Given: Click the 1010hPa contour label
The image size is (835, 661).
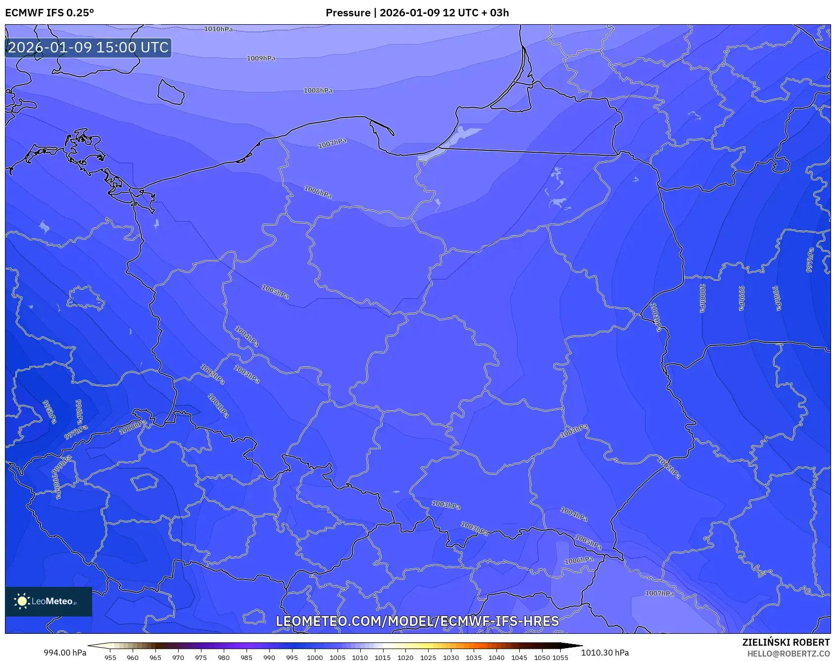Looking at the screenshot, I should pyautogui.click(x=218, y=29).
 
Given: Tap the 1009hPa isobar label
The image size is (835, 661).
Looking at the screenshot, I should pyautogui.click(x=261, y=58).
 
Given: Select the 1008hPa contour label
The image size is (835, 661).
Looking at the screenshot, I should pyautogui.click(x=318, y=90).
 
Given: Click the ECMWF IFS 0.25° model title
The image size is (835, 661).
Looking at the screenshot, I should pyautogui.click(x=49, y=13).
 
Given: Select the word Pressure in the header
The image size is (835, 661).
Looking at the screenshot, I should pyautogui.click(x=348, y=13).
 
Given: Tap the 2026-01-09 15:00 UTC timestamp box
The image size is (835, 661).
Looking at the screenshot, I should pyautogui.click(x=88, y=48).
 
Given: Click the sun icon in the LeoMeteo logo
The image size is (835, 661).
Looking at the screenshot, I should pyautogui.click(x=22, y=601).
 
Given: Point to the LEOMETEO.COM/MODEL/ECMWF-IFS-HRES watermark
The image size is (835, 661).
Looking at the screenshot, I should pyautogui.click(x=417, y=621).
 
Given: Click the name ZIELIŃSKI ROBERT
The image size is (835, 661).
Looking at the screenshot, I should pyautogui.click(x=786, y=642).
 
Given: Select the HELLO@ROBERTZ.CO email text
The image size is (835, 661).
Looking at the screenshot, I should pyautogui.click(x=788, y=654).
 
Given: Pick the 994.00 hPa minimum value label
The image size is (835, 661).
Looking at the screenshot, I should pyautogui.click(x=65, y=653).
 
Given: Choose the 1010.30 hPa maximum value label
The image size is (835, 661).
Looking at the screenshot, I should pyautogui.click(x=605, y=653).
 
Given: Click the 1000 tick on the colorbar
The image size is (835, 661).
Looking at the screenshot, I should pyautogui.click(x=314, y=658).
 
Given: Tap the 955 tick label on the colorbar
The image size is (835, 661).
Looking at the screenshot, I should pyautogui.click(x=110, y=658).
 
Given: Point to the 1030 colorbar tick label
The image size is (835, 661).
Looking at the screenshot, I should pyautogui.click(x=450, y=658).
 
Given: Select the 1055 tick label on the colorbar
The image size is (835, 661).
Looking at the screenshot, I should pyautogui.click(x=560, y=658).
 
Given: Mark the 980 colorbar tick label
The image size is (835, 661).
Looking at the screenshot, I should pyautogui.click(x=224, y=658).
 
